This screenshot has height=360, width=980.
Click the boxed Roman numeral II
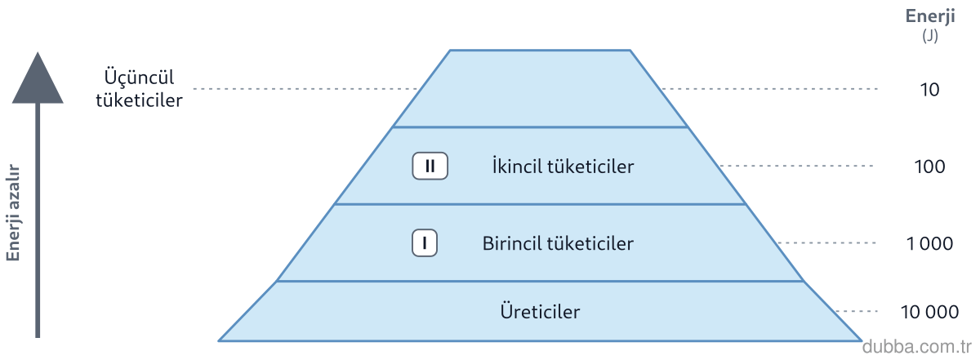click(430, 166)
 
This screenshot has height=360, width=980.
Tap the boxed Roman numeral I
click(425, 242)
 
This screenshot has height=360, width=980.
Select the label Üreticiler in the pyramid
click(540, 311)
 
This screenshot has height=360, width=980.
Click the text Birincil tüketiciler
click(558, 243)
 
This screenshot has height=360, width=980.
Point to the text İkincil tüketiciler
click(563, 166)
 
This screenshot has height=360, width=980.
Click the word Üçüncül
click(139, 77)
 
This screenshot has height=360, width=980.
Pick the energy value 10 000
click(929, 312)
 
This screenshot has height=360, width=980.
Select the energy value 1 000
click(929, 243)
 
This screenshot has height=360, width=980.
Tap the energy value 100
click(929, 167)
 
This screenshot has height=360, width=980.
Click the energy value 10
click(929, 90)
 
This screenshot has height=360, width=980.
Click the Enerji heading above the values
click(929, 16)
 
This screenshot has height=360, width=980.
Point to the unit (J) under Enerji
click(929, 35)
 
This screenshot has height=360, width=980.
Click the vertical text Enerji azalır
click(14, 212)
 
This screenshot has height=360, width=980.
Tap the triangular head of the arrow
click(38, 78)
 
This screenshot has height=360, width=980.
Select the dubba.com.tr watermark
click(916, 346)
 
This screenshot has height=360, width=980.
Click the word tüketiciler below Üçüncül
click(139, 100)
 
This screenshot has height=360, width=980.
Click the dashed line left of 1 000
click(826, 242)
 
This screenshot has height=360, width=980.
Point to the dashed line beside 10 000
click(856, 311)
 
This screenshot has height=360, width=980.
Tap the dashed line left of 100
click(797, 166)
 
